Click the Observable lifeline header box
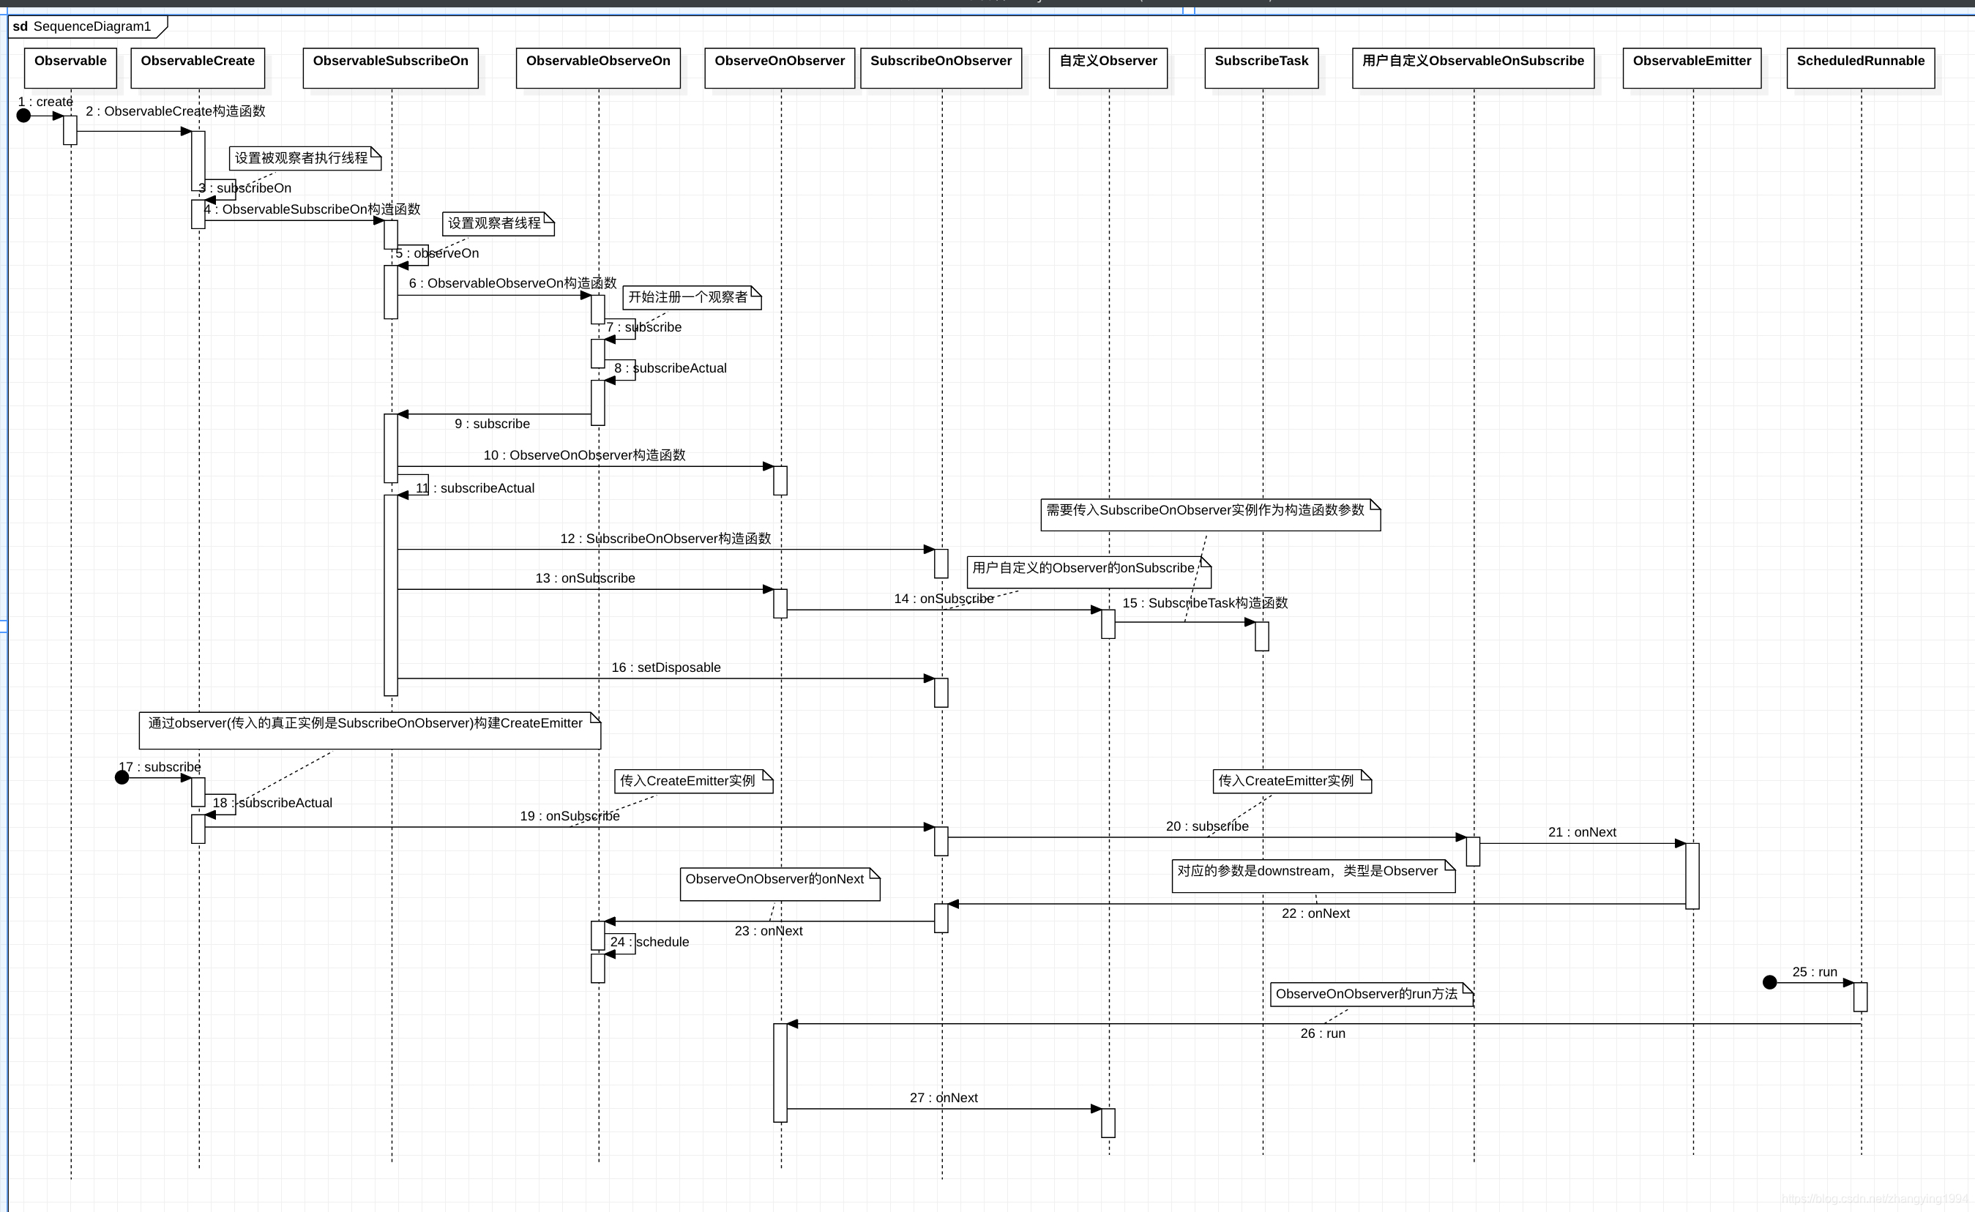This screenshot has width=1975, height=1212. pyautogui.click(x=70, y=67)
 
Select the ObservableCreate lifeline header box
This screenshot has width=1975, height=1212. pyautogui.click(x=198, y=67)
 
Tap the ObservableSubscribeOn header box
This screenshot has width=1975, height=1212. pyautogui.click(x=390, y=67)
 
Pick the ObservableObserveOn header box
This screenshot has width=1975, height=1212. pyautogui.click(x=598, y=67)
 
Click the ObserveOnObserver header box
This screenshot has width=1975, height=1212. pyautogui.click(x=779, y=67)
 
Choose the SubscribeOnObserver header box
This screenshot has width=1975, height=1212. pyautogui.click(x=941, y=67)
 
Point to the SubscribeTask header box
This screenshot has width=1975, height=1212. pyautogui.click(x=1261, y=67)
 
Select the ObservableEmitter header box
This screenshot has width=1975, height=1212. pyautogui.click(x=1692, y=67)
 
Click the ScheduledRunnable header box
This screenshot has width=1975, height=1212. pyautogui.click(x=1860, y=67)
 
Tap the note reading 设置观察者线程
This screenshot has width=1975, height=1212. pyautogui.click(x=498, y=224)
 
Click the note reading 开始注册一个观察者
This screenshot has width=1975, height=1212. pyautogui.click(x=691, y=297)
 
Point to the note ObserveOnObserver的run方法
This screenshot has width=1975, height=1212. pyautogui.click(x=1370, y=994)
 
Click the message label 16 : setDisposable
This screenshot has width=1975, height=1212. pyautogui.click(x=666, y=667)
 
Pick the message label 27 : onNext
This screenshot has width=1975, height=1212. pyautogui.click(x=944, y=1098)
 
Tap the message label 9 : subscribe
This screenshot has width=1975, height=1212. pyautogui.click(x=492, y=424)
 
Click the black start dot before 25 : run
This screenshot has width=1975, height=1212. pyautogui.click(x=1770, y=983)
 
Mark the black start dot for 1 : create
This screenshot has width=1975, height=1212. pyautogui.click(x=24, y=116)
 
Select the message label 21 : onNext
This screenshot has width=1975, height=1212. pyautogui.click(x=1582, y=833)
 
